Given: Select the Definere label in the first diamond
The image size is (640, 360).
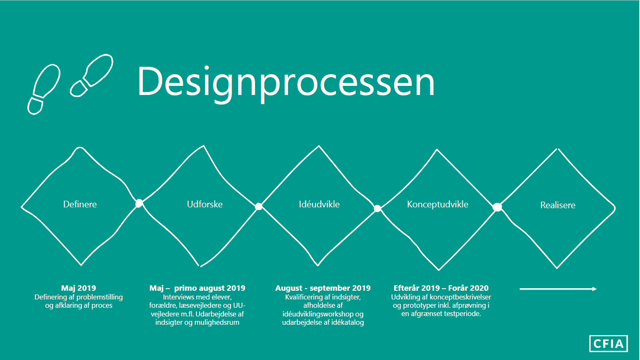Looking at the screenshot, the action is pyautogui.click(x=80, y=204).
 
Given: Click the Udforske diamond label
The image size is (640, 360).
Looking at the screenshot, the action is pyautogui.click(x=205, y=204).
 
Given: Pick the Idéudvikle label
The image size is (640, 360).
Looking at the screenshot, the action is pyautogui.click(x=319, y=204).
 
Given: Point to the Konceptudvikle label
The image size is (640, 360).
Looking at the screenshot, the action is pyautogui.click(x=437, y=204).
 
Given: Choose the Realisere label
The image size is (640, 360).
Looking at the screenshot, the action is pyautogui.click(x=558, y=205).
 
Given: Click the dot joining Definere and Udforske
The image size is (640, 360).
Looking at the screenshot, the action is pyautogui.click(x=139, y=203).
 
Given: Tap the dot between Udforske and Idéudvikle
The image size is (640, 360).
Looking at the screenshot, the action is pyautogui.click(x=259, y=207).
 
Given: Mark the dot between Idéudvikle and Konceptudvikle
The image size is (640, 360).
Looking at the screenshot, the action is pyautogui.click(x=377, y=209).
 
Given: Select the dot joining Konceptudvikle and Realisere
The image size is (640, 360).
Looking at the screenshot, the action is pyautogui.click(x=497, y=207).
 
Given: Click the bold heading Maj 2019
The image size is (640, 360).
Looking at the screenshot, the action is pyautogui.click(x=78, y=288).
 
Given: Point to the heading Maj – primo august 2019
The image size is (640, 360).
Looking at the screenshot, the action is pyautogui.click(x=197, y=288).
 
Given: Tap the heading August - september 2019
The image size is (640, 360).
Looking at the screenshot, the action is pyautogui.click(x=323, y=288).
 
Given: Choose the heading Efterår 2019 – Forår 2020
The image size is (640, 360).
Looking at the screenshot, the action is pyautogui.click(x=441, y=288).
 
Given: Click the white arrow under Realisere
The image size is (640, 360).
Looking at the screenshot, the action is pyautogui.click(x=558, y=289).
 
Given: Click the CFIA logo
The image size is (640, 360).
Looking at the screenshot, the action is pyautogui.click(x=608, y=343).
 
